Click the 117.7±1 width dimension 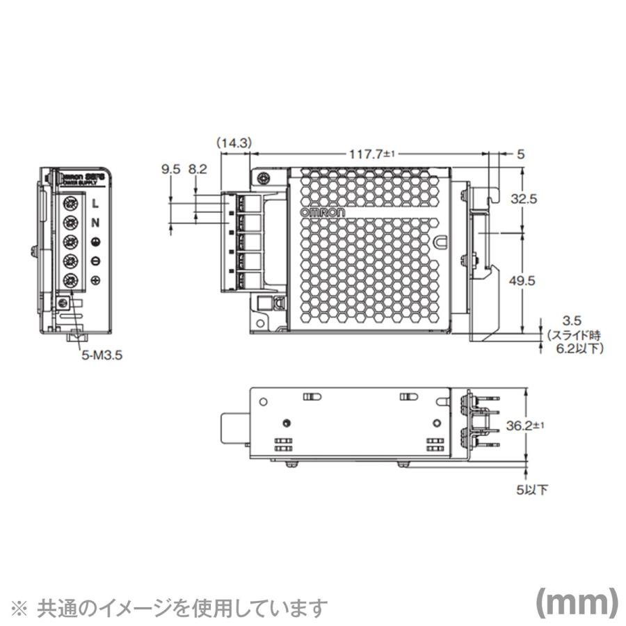point(371,154)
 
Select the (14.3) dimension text point(234,143)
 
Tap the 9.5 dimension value point(171,168)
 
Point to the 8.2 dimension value point(198,168)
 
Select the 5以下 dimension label point(532,490)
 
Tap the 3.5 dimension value point(572,321)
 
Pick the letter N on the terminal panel point(95,223)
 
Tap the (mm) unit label point(576,603)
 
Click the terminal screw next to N point(70,223)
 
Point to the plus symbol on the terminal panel point(95,280)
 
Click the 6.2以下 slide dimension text point(575,347)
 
